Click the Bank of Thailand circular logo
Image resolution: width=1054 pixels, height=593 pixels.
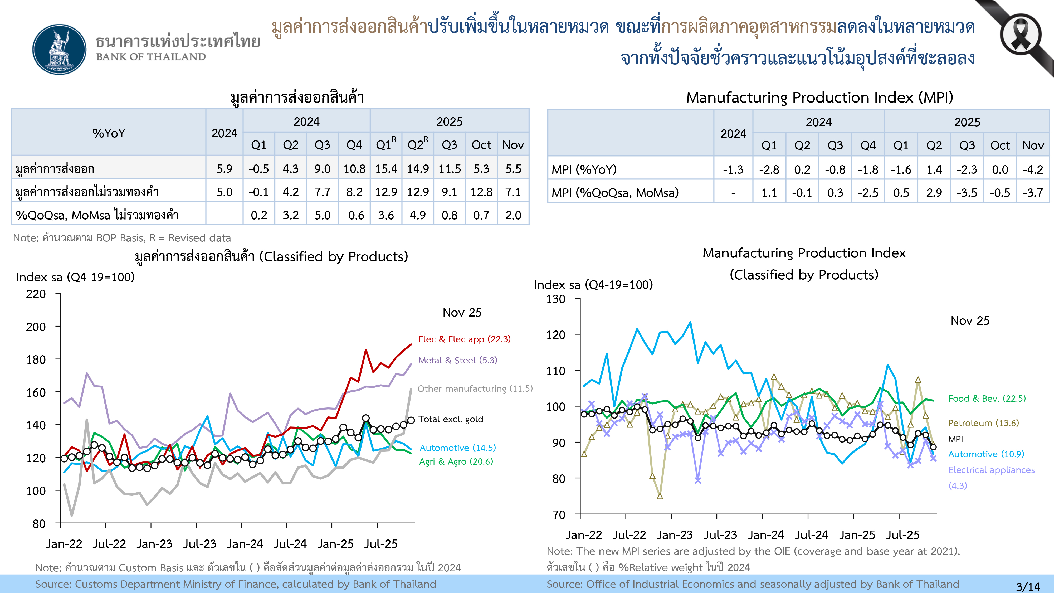tap(60, 50)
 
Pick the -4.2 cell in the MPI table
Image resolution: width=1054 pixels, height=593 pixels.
tap(1033, 169)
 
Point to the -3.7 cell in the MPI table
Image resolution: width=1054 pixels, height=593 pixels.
tap(1033, 192)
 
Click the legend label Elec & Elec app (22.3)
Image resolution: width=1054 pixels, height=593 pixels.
tap(464, 339)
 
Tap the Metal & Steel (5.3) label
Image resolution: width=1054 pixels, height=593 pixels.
tap(457, 360)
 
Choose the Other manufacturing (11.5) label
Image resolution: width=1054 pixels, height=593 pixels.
tap(475, 388)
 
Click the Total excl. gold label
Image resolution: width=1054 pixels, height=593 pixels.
tap(451, 419)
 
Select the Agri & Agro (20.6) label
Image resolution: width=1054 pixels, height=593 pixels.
tap(456, 462)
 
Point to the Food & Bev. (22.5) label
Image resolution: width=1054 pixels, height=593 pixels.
tap(987, 398)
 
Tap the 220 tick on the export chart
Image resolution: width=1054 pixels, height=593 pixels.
tap(36, 294)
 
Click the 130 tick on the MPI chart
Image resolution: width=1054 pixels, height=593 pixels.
tap(556, 299)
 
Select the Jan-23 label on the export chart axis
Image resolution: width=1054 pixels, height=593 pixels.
tap(154, 544)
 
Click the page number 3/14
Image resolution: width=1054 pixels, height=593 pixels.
tap(1028, 586)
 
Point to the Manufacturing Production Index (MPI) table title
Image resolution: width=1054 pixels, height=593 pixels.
tap(819, 98)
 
